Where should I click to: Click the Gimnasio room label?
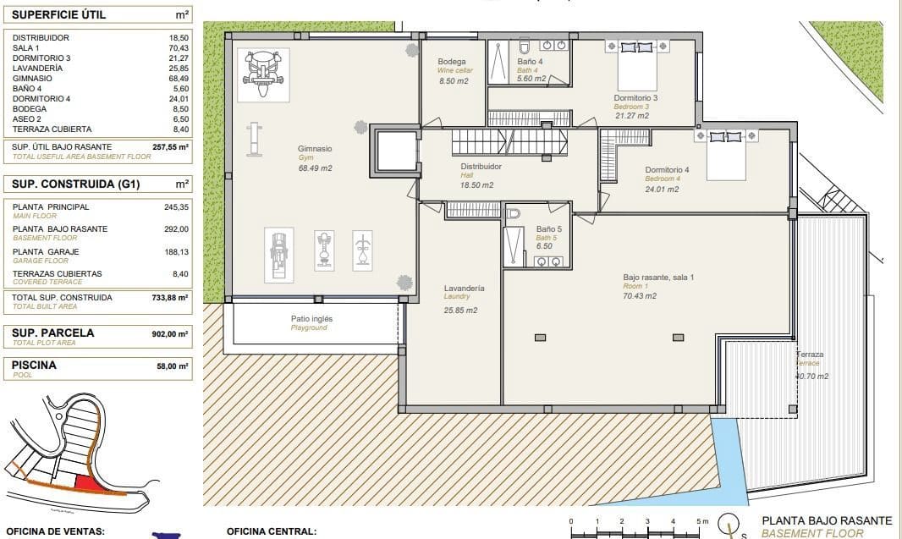pos(315,149)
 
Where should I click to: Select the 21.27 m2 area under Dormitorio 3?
pos(631,116)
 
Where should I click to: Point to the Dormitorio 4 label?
pos(667,170)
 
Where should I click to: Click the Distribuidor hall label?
pos(481,167)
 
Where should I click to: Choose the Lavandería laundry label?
pos(464,289)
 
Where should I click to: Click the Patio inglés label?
pos(311,319)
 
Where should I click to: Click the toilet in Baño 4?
pos(523,46)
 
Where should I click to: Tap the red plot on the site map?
pos(86,481)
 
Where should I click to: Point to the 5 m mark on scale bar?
pos(698,521)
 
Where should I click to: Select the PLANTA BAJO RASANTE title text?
pos(827,521)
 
